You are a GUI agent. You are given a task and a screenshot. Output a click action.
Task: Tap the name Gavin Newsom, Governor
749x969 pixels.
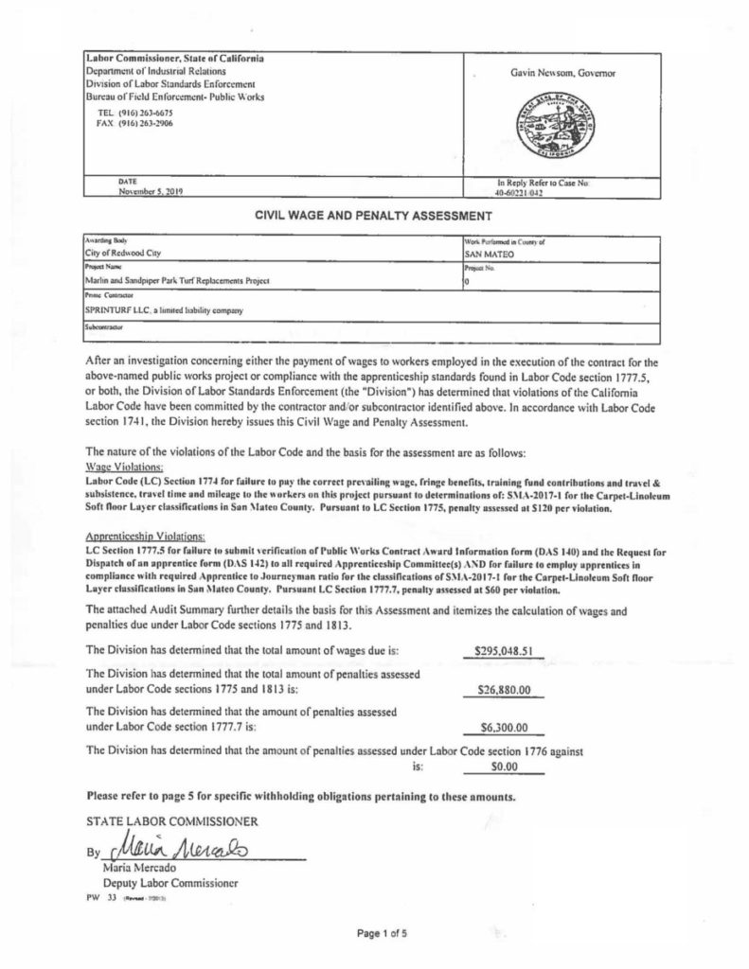560,73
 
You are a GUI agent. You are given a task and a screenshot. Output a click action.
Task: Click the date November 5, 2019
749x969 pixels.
149,190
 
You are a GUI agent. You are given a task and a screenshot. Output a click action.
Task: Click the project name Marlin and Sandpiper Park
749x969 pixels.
176,281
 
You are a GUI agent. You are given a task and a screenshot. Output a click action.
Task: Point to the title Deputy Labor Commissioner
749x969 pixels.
154,882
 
